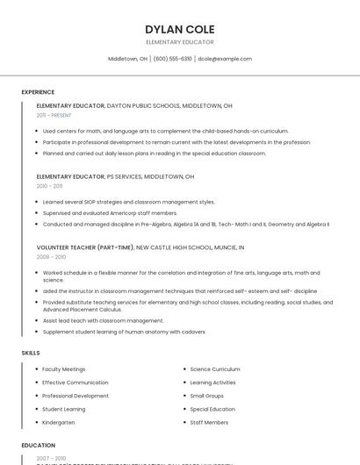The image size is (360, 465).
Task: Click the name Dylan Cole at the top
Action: coord(180,29)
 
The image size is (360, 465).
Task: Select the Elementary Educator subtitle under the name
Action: coord(180,42)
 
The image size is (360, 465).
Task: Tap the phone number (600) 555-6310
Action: coord(172,59)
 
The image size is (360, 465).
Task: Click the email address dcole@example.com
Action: coord(225,59)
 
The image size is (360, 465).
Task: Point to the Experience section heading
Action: coord(38,92)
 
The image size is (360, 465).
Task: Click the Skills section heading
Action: coord(31,353)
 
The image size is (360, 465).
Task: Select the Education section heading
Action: coord(39,445)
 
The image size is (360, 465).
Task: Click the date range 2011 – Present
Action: coord(54,115)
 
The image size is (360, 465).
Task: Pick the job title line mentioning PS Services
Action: coord(115,176)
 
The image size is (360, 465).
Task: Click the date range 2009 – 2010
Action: coord(51,257)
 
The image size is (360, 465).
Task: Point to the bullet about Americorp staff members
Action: coord(110,213)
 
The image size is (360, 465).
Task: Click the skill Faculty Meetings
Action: coord(64,369)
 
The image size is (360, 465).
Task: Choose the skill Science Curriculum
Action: coord(215,369)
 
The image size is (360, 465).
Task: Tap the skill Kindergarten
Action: coord(59,422)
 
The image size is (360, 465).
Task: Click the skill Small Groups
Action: coord(207,396)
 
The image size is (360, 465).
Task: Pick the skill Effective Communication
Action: coord(76,383)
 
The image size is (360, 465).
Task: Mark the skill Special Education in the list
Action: coord(212,409)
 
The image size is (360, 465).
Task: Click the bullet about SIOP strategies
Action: coord(128,202)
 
